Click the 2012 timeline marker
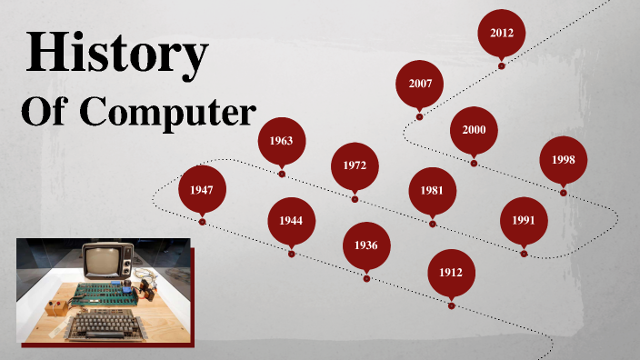502,34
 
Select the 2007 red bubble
420,84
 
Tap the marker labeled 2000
474,130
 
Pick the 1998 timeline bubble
564,160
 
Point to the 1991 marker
524,220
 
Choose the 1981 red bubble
432,190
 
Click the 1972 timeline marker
355,166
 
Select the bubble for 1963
281,141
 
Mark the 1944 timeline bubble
291,221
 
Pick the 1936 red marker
366,245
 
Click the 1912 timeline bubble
452,273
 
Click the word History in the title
116,52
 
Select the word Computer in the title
167,114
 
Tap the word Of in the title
42,114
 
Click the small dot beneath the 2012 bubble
502,65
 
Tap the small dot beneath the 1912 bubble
452,305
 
